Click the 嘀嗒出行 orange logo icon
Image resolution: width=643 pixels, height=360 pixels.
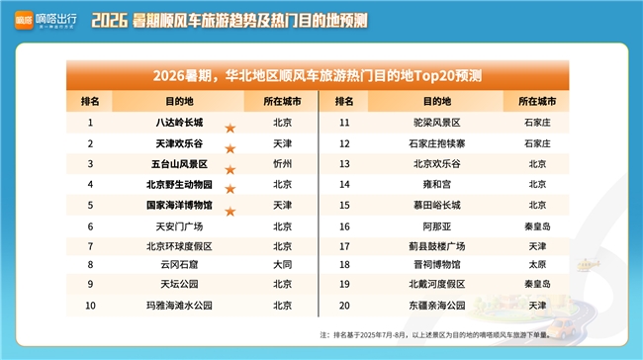tap(24, 20)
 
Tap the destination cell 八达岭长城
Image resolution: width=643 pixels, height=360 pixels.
tap(179, 123)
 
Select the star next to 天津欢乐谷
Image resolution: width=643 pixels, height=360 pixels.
tap(230, 148)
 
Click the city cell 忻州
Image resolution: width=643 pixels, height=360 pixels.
tap(283, 164)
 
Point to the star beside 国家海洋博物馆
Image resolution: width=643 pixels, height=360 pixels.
tap(230, 212)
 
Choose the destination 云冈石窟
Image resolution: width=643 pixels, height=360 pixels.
tap(179, 265)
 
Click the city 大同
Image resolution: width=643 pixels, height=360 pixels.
tap(283, 265)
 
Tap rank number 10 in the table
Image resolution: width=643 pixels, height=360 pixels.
tap(90, 306)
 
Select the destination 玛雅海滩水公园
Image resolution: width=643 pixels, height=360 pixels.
tap(179, 306)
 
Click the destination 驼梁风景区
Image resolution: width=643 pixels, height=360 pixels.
tap(436, 123)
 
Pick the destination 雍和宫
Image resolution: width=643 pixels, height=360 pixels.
tap(436, 185)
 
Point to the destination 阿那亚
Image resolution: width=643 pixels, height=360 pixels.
tap(436, 226)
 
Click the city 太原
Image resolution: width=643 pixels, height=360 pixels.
tap(537, 265)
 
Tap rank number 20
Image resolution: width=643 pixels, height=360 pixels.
tap(344, 306)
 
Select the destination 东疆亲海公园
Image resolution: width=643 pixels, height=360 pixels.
tap(436, 306)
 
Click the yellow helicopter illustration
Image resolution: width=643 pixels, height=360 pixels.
tap(588, 265)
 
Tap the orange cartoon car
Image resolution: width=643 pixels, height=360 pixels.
tap(562, 328)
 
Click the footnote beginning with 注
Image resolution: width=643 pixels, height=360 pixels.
tap(435, 335)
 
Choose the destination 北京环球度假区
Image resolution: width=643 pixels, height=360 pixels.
tap(179, 246)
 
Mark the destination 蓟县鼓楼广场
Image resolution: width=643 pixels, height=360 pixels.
tap(436, 246)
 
